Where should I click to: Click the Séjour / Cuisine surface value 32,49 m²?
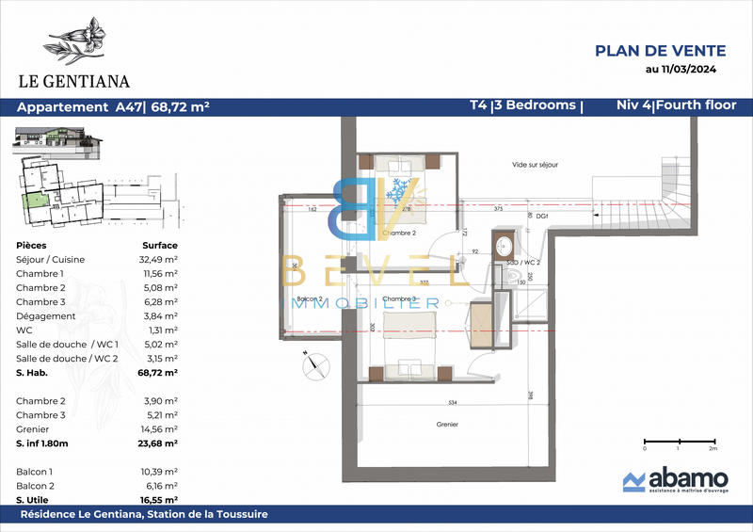click(x=159, y=259)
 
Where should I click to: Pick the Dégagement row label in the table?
click(x=46, y=316)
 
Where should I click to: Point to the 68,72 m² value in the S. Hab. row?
click(x=158, y=373)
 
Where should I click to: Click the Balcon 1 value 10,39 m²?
click(x=159, y=470)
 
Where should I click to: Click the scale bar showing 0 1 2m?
click(x=678, y=443)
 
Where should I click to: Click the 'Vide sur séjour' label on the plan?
click(x=535, y=165)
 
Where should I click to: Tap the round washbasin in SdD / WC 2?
click(x=506, y=241)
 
